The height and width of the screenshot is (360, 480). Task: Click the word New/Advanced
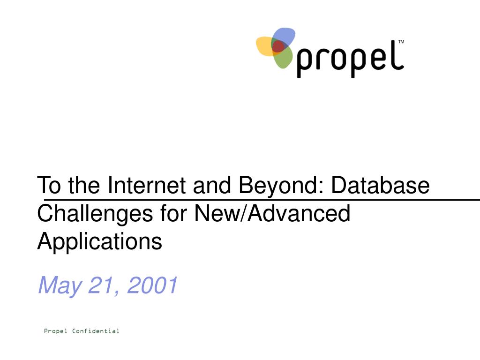tap(272, 213)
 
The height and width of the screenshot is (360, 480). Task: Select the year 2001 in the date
tap(152, 285)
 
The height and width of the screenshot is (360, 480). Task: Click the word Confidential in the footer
tap(96, 331)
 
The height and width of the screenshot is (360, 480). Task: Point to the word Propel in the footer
tap(55, 331)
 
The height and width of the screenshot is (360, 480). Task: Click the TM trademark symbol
tap(401, 42)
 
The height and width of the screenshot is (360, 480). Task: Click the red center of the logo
tap(278, 46)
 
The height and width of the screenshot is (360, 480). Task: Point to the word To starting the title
tap(49, 185)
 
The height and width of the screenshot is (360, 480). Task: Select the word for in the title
tap(173, 213)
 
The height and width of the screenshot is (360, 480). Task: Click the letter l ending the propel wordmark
tap(399, 55)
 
